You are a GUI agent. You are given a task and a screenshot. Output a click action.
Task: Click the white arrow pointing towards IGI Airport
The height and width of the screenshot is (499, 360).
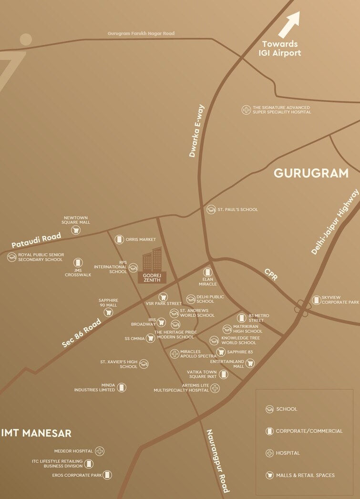tap(289, 25)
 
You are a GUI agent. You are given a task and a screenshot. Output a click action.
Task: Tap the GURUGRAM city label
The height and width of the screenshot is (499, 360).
tap(311, 173)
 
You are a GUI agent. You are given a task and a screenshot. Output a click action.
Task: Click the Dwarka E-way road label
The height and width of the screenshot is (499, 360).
tap(196, 131)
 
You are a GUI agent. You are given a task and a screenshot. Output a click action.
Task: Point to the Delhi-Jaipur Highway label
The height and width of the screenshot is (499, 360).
tap(335, 222)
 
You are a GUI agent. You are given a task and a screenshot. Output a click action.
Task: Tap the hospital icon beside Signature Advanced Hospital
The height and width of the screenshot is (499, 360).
tap(246, 110)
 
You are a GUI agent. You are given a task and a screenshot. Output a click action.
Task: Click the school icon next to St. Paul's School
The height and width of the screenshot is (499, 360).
tap(211, 209)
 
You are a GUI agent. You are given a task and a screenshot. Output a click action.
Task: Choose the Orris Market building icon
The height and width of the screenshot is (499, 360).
tap(119, 239)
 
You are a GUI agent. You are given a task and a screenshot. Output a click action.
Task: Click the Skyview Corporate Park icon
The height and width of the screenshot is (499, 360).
tap(316, 300)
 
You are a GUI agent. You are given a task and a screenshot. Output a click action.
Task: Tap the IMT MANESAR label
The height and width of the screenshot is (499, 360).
tap(36, 433)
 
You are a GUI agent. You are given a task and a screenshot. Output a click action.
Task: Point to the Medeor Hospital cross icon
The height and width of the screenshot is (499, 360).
tap(100, 451)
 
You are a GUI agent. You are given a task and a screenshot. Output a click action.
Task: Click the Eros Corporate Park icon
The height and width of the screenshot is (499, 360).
tap(107, 475)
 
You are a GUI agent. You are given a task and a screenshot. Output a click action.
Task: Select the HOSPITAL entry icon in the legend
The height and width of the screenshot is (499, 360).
tap(269, 453)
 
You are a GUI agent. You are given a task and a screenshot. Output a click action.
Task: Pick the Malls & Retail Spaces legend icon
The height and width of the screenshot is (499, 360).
tap(269, 475)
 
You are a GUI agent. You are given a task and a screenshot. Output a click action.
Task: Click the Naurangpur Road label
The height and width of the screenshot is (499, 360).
tap(217, 460)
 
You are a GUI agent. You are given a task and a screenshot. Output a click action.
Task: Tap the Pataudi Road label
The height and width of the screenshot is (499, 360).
tap(37, 240)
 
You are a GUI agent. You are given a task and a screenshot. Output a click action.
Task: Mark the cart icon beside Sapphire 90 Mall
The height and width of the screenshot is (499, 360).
tap(109, 312)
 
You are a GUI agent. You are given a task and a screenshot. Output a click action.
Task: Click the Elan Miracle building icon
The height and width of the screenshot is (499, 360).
tap(207, 272)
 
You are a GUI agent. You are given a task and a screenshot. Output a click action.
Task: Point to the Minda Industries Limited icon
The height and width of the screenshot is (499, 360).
tap(122, 387)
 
